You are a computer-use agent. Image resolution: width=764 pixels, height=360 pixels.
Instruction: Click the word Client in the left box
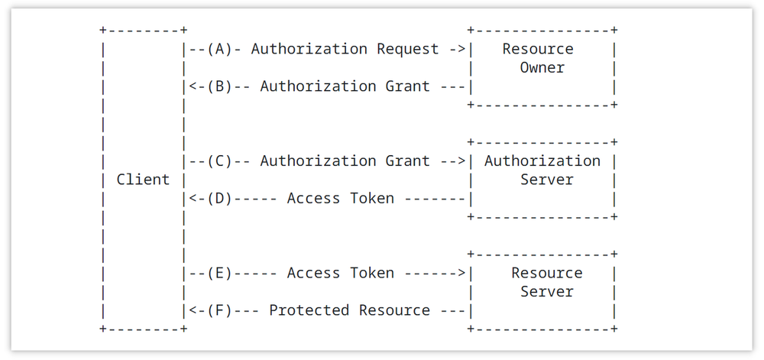click(143, 180)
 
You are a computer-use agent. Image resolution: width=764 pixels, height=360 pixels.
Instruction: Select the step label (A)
click(219, 49)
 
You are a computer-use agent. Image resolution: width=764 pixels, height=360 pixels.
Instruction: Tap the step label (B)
click(219, 86)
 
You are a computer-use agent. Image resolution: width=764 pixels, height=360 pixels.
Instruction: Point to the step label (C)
click(219, 161)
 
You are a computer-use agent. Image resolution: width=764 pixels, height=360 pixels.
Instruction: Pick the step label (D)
click(219, 199)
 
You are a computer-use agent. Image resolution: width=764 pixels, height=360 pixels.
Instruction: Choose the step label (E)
click(219, 273)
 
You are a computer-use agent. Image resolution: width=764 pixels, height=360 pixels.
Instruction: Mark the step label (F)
click(219, 310)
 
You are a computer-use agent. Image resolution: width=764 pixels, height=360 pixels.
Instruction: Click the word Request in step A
click(407, 49)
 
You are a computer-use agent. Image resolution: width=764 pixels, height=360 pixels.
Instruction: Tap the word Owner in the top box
click(542, 68)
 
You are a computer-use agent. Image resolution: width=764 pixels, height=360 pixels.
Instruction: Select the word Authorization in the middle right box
click(542, 161)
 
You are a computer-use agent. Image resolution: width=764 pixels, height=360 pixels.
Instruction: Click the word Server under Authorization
click(547, 180)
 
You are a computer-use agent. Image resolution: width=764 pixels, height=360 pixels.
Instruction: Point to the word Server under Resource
click(547, 292)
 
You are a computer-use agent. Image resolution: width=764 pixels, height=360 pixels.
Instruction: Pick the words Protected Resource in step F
click(349, 310)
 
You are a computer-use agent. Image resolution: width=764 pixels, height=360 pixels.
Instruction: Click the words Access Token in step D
click(340, 199)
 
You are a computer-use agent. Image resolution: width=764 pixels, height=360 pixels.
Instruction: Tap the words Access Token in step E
click(340, 273)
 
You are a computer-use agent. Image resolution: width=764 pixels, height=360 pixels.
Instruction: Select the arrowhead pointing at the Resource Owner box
click(461, 49)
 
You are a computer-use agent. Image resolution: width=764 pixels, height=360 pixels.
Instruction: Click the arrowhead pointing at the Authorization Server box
click(461, 161)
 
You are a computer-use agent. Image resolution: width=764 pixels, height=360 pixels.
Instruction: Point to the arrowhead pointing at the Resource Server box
click(461, 273)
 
